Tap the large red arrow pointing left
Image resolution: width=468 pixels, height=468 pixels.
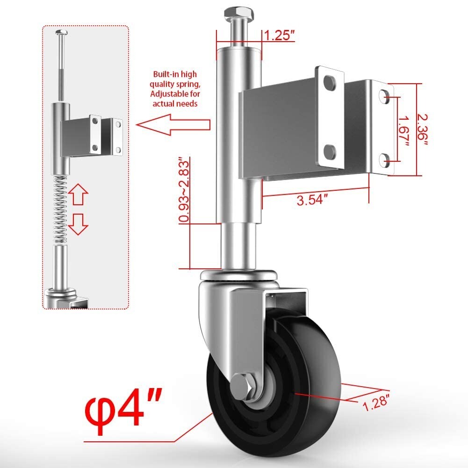click(173, 125)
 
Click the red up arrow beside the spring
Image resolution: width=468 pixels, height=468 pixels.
click(78, 194)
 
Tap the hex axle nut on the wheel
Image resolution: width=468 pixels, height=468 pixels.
click(241, 385)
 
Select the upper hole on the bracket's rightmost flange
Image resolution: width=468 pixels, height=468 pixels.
click(385, 95)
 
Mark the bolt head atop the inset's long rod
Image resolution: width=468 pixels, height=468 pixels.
click(61, 32)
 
